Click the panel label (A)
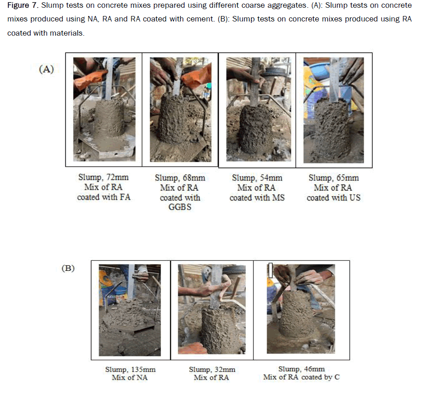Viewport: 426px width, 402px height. (47, 69)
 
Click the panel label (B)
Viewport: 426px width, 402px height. (68, 268)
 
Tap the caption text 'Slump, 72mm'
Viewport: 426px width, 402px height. (104, 177)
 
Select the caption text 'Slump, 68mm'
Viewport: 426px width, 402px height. (180, 178)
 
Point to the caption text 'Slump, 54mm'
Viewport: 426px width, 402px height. (257, 178)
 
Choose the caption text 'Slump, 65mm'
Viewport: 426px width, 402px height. (334, 178)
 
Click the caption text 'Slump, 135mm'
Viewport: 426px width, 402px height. (131, 370)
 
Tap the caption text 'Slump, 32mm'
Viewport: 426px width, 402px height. (212, 370)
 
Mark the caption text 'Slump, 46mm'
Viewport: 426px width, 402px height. (301, 369)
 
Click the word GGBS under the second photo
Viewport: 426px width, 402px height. (180, 207)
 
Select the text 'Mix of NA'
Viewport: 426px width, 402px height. (130, 377)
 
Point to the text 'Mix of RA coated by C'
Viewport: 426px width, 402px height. (301, 377)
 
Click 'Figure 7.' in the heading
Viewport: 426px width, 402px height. (23, 5)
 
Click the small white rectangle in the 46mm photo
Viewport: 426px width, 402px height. (270, 270)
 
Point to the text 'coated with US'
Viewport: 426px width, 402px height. (334, 198)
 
